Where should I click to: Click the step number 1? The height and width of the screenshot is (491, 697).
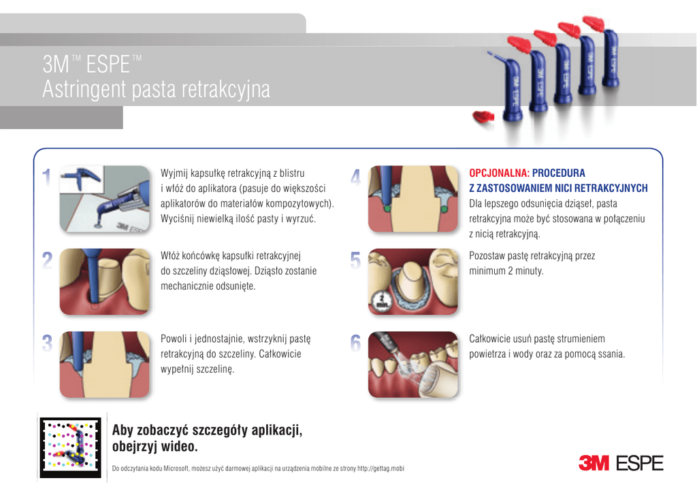pos(46,177)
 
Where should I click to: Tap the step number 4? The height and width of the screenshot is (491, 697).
pos(355,177)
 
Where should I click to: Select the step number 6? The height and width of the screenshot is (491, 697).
pos(355,343)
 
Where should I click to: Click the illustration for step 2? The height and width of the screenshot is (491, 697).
pos(105,282)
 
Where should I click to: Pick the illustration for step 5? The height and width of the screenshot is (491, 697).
pos(413,282)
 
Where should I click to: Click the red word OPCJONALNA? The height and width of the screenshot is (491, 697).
pos(499,173)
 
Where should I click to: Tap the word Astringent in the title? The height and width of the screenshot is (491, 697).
pos(84,89)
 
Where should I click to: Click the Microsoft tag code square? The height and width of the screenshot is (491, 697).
pos(70,447)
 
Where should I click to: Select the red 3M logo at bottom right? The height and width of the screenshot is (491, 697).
pos(594,463)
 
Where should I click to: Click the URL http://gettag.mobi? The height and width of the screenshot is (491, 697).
pos(381,469)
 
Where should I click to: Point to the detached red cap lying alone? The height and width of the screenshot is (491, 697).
pos(483,117)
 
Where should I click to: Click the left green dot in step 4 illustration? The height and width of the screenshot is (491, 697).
pos(387,208)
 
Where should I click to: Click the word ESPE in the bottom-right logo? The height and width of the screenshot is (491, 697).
pos(640,464)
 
